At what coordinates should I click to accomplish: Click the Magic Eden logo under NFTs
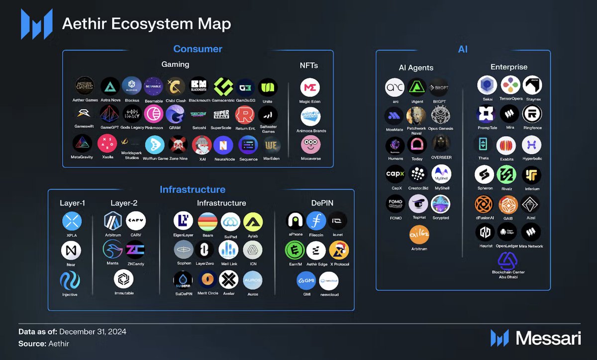click(310, 88)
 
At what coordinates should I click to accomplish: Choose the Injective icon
click(71, 280)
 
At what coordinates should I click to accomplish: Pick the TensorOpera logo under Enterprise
click(510, 86)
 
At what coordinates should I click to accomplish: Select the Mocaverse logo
click(310, 145)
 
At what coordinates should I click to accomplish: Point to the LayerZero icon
click(204, 250)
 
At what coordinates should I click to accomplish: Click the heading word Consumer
click(198, 49)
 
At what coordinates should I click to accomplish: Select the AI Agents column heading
click(416, 67)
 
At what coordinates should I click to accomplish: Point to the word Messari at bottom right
click(548, 339)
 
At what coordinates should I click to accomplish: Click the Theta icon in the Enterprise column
click(483, 145)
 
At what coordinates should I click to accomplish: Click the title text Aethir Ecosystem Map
click(146, 24)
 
